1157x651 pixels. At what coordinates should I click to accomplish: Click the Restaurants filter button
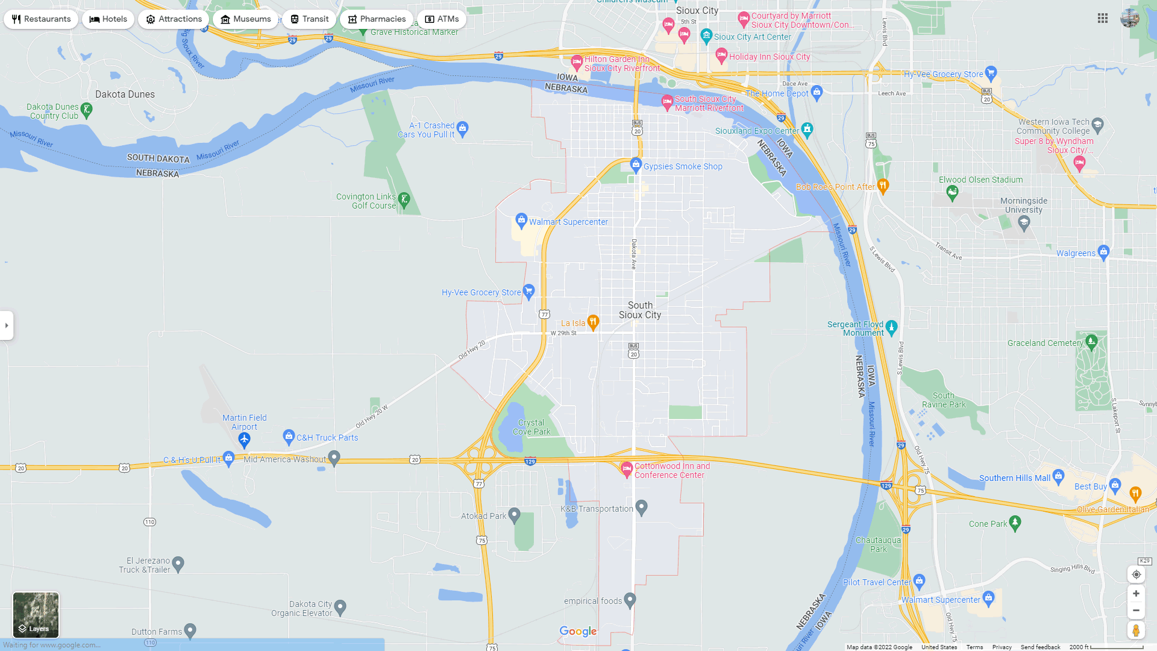pos(41,19)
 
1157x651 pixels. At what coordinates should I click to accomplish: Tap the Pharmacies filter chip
pos(376,19)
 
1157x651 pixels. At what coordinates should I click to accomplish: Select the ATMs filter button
pos(442,19)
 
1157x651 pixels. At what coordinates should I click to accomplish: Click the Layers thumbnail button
pos(36,614)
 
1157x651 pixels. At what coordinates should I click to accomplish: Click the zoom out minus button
pos(1136,611)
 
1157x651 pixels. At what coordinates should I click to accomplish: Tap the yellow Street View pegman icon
pos(1136,631)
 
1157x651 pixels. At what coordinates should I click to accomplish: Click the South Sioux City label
pos(640,310)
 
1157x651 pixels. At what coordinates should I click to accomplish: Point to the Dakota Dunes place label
pos(125,95)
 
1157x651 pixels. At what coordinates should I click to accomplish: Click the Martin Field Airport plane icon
pos(244,439)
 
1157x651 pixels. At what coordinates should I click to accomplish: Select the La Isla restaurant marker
pos(593,322)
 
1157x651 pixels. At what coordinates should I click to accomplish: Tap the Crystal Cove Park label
pos(531,427)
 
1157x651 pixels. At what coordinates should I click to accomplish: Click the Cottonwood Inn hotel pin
pos(627,468)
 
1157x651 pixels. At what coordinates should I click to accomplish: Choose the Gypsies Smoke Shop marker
pos(636,164)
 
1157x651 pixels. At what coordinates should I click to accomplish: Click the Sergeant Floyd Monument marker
pos(892,327)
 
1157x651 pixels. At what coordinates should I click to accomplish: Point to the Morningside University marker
pos(1024,222)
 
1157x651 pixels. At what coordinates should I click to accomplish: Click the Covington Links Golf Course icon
pos(404,199)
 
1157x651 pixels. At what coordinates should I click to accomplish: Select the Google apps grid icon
pos(1103,19)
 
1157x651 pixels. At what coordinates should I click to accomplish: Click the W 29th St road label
pos(563,333)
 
